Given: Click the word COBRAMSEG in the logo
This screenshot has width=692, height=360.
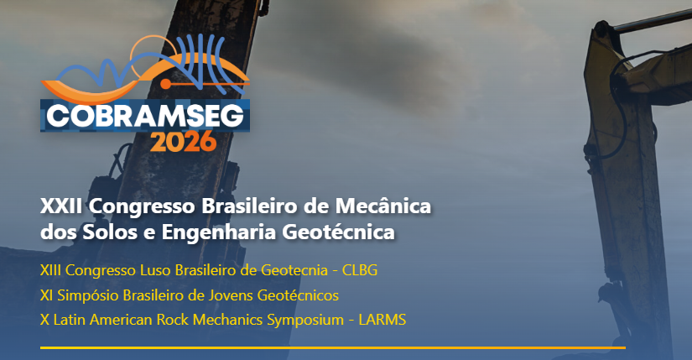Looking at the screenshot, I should point(144,115).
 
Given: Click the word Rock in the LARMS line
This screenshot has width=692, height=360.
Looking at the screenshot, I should point(157,320).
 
